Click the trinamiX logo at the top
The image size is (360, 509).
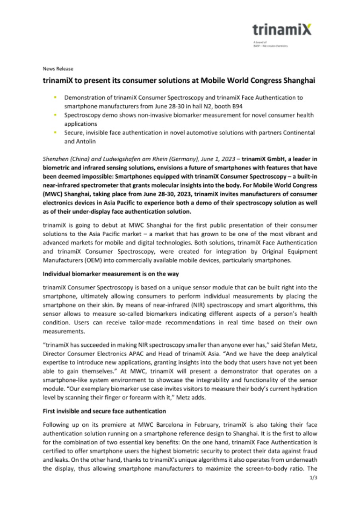click(x=282, y=29)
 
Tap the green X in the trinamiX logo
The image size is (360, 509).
click(x=306, y=29)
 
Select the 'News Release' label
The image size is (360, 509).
click(x=58, y=68)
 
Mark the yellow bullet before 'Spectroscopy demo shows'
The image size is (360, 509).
click(x=56, y=115)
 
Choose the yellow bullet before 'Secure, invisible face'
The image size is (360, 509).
click(x=56, y=132)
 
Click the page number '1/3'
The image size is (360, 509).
click(x=313, y=489)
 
